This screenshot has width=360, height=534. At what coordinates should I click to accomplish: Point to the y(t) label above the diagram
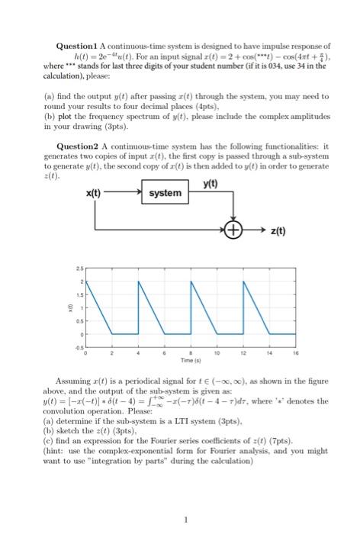[211, 182]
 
